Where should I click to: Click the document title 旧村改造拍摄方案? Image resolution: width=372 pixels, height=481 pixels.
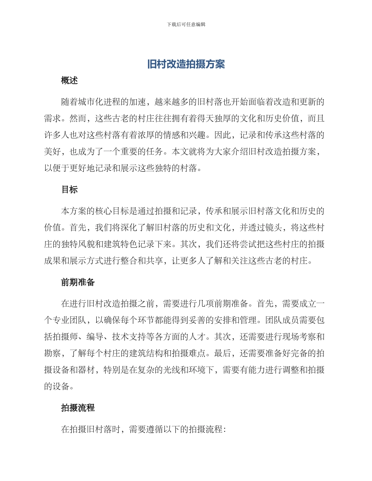click(186, 65)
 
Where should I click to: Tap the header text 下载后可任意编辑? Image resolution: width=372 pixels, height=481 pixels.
click(186, 24)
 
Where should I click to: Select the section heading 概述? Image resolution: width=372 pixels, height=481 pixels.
click(70, 81)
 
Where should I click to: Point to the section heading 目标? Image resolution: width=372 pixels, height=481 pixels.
click(70, 190)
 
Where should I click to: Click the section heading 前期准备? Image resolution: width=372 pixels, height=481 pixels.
click(78, 282)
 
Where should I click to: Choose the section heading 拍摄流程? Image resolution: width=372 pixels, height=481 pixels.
click(78, 408)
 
